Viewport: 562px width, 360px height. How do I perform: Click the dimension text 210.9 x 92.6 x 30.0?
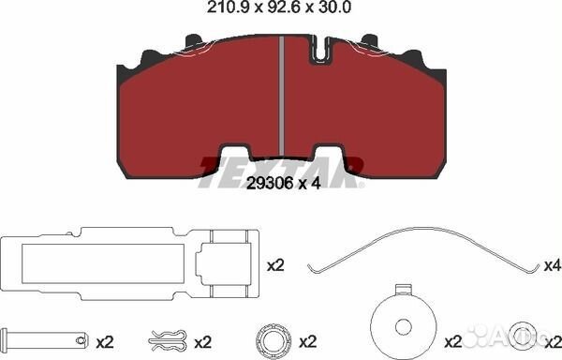point(279,7)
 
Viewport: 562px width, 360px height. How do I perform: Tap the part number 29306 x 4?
point(283,184)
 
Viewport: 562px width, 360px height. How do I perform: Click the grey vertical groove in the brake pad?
point(282,97)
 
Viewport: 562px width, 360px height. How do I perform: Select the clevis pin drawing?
point(44,339)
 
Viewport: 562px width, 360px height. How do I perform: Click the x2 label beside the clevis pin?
point(105,343)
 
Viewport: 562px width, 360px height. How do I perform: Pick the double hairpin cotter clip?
point(168,340)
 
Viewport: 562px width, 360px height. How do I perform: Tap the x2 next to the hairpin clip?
point(203,343)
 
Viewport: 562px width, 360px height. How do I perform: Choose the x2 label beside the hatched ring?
point(308,343)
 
